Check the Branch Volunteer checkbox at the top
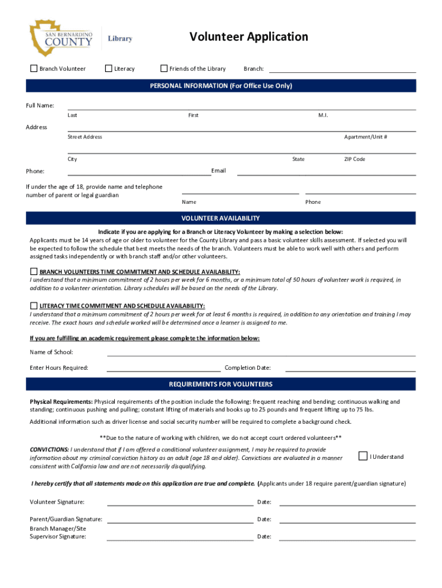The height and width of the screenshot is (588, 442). [x=33, y=68]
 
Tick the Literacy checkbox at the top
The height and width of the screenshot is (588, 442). [x=108, y=68]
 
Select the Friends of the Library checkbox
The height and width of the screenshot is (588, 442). [x=164, y=68]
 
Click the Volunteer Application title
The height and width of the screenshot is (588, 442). [x=249, y=37]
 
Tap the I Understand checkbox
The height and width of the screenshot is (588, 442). [x=362, y=457]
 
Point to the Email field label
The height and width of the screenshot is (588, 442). [x=218, y=171]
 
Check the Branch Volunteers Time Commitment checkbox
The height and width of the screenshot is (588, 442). [x=34, y=272]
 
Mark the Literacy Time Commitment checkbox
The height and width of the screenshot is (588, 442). [x=34, y=305]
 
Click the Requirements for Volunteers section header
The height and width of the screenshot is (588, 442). [x=221, y=384]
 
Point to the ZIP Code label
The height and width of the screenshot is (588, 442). [x=354, y=159]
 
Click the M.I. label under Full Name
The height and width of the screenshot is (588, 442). [x=323, y=115]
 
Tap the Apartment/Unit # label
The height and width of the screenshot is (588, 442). [x=365, y=137]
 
